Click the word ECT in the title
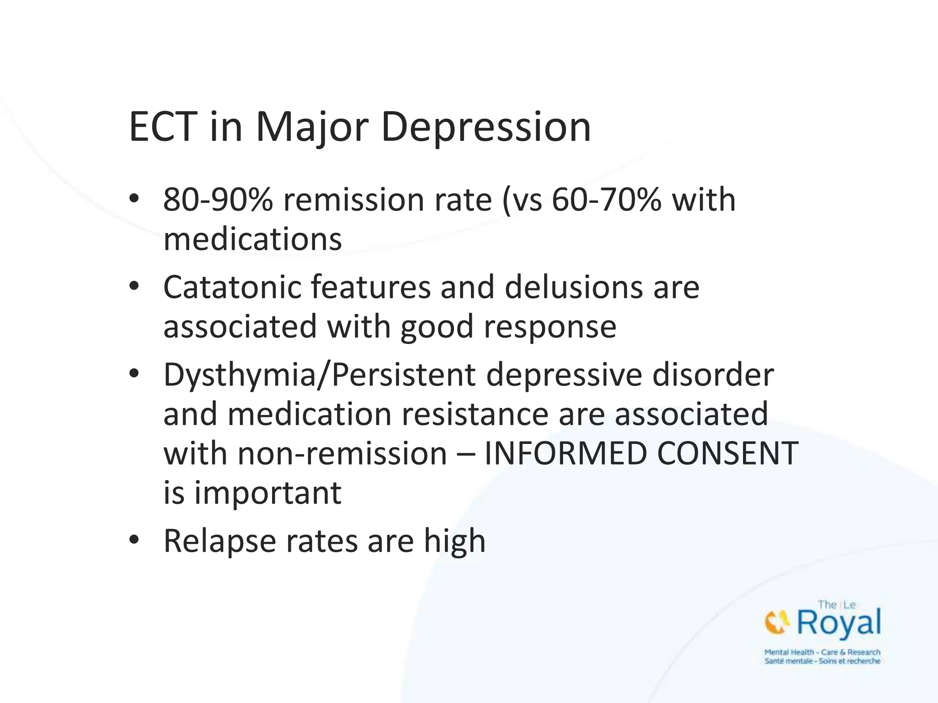coord(163,127)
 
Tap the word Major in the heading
coord(312,127)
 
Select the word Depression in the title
coord(486,127)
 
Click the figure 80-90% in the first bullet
coord(218,200)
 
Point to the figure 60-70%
coord(606,200)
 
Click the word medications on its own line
coord(252,239)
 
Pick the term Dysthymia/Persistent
coord(319,375)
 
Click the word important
coord(267,493)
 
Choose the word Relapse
coord(220,541)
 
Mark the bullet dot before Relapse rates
coord(134,540)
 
